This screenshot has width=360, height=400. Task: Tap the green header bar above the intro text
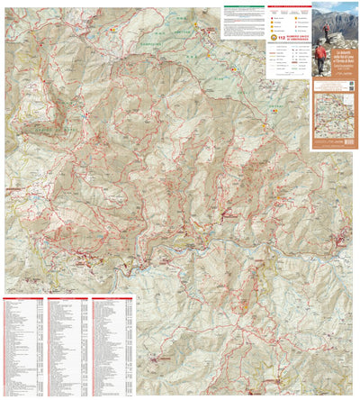[x=243, y=11]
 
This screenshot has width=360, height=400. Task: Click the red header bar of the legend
[x=287, y=11]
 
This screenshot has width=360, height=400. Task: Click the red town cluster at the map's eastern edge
[x=342, y=239]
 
